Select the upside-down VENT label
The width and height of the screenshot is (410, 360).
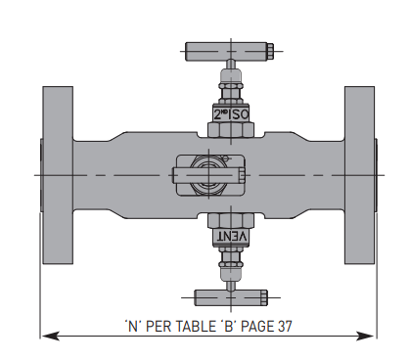click(x=230, y=237)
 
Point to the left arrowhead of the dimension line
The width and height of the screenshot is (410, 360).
click(x=47, y=336)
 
